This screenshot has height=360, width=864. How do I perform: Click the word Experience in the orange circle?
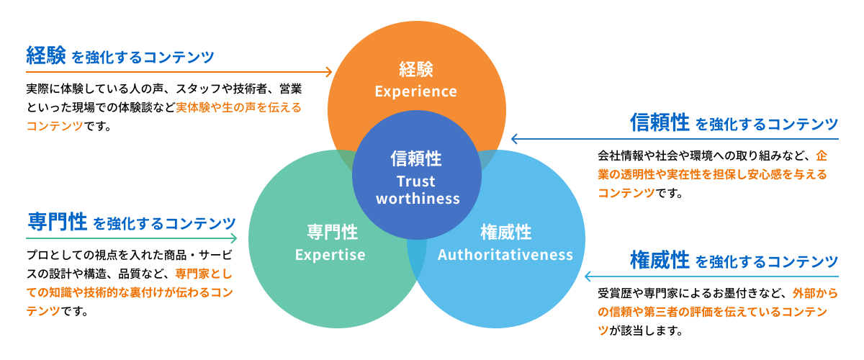[415, 91]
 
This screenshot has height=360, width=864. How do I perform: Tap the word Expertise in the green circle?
[330, 255]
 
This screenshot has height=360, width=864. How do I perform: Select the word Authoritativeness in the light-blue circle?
[505, 255]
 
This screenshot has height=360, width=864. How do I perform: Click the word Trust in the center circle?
[416, 181]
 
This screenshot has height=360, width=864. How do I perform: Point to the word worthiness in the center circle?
[418, 198]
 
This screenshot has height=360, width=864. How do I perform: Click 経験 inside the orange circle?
[415, 70]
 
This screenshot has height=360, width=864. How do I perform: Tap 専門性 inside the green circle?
[331, 233]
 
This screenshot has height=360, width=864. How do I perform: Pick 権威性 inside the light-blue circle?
[505, 233]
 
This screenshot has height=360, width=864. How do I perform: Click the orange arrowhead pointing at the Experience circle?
[329, 71]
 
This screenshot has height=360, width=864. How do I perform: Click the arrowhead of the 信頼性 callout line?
[514, 139]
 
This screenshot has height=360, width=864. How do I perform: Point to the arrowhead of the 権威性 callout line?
[588, 276]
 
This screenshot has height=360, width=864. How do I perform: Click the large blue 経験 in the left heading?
[46, 55]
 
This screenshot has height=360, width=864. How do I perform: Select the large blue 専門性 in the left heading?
[57, 222]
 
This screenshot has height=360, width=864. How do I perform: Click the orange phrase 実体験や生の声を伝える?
[238, 107]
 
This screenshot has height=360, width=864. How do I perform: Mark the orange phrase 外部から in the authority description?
[815, 294]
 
